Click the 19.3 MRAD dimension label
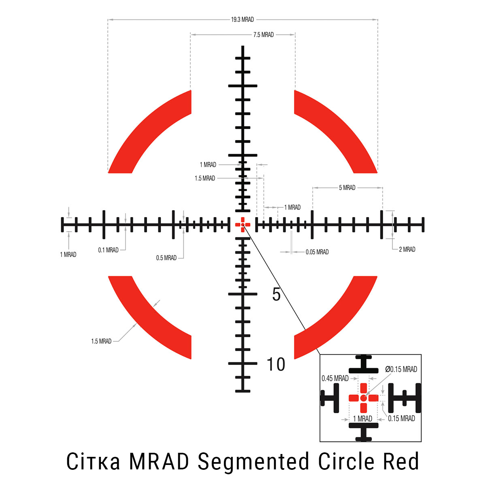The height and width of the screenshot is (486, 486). (243, 19)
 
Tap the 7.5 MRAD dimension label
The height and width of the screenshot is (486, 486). (263, 35)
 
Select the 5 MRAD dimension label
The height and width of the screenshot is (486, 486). (347, 188)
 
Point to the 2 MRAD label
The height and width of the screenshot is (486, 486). (407, 249)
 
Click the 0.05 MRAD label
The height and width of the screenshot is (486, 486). (317, 252)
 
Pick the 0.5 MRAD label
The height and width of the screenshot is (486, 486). (166, 258)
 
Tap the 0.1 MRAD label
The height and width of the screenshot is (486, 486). (109, 250)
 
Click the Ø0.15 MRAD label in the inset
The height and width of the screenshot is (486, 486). (401, 369)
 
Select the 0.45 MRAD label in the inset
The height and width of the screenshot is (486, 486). (335, 378)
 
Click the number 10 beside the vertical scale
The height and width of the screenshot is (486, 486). (276, 364)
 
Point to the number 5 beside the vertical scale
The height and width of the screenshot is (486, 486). (276, 295)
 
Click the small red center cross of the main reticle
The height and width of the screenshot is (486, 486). (243, 224)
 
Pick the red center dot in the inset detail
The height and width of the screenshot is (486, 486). (363, 398)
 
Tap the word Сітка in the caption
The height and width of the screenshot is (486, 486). (93, 462)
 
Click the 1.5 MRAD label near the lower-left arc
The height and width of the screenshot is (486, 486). (101, 341)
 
